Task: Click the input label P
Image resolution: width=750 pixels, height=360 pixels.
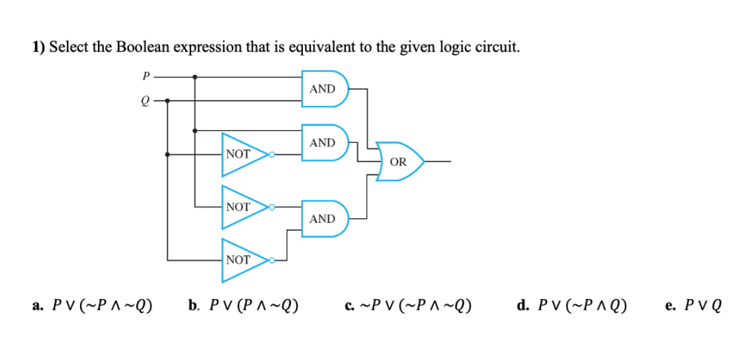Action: tap(145, 76)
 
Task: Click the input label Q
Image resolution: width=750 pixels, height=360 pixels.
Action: tap(145, 101)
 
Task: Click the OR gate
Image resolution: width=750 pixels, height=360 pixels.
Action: tap(399, 161)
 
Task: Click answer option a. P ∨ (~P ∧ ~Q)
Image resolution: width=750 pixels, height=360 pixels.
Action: tap(93, 306)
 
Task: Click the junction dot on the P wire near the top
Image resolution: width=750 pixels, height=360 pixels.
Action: tap(194, 77)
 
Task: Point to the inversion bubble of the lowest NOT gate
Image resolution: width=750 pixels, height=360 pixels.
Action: tap(271, 259)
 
